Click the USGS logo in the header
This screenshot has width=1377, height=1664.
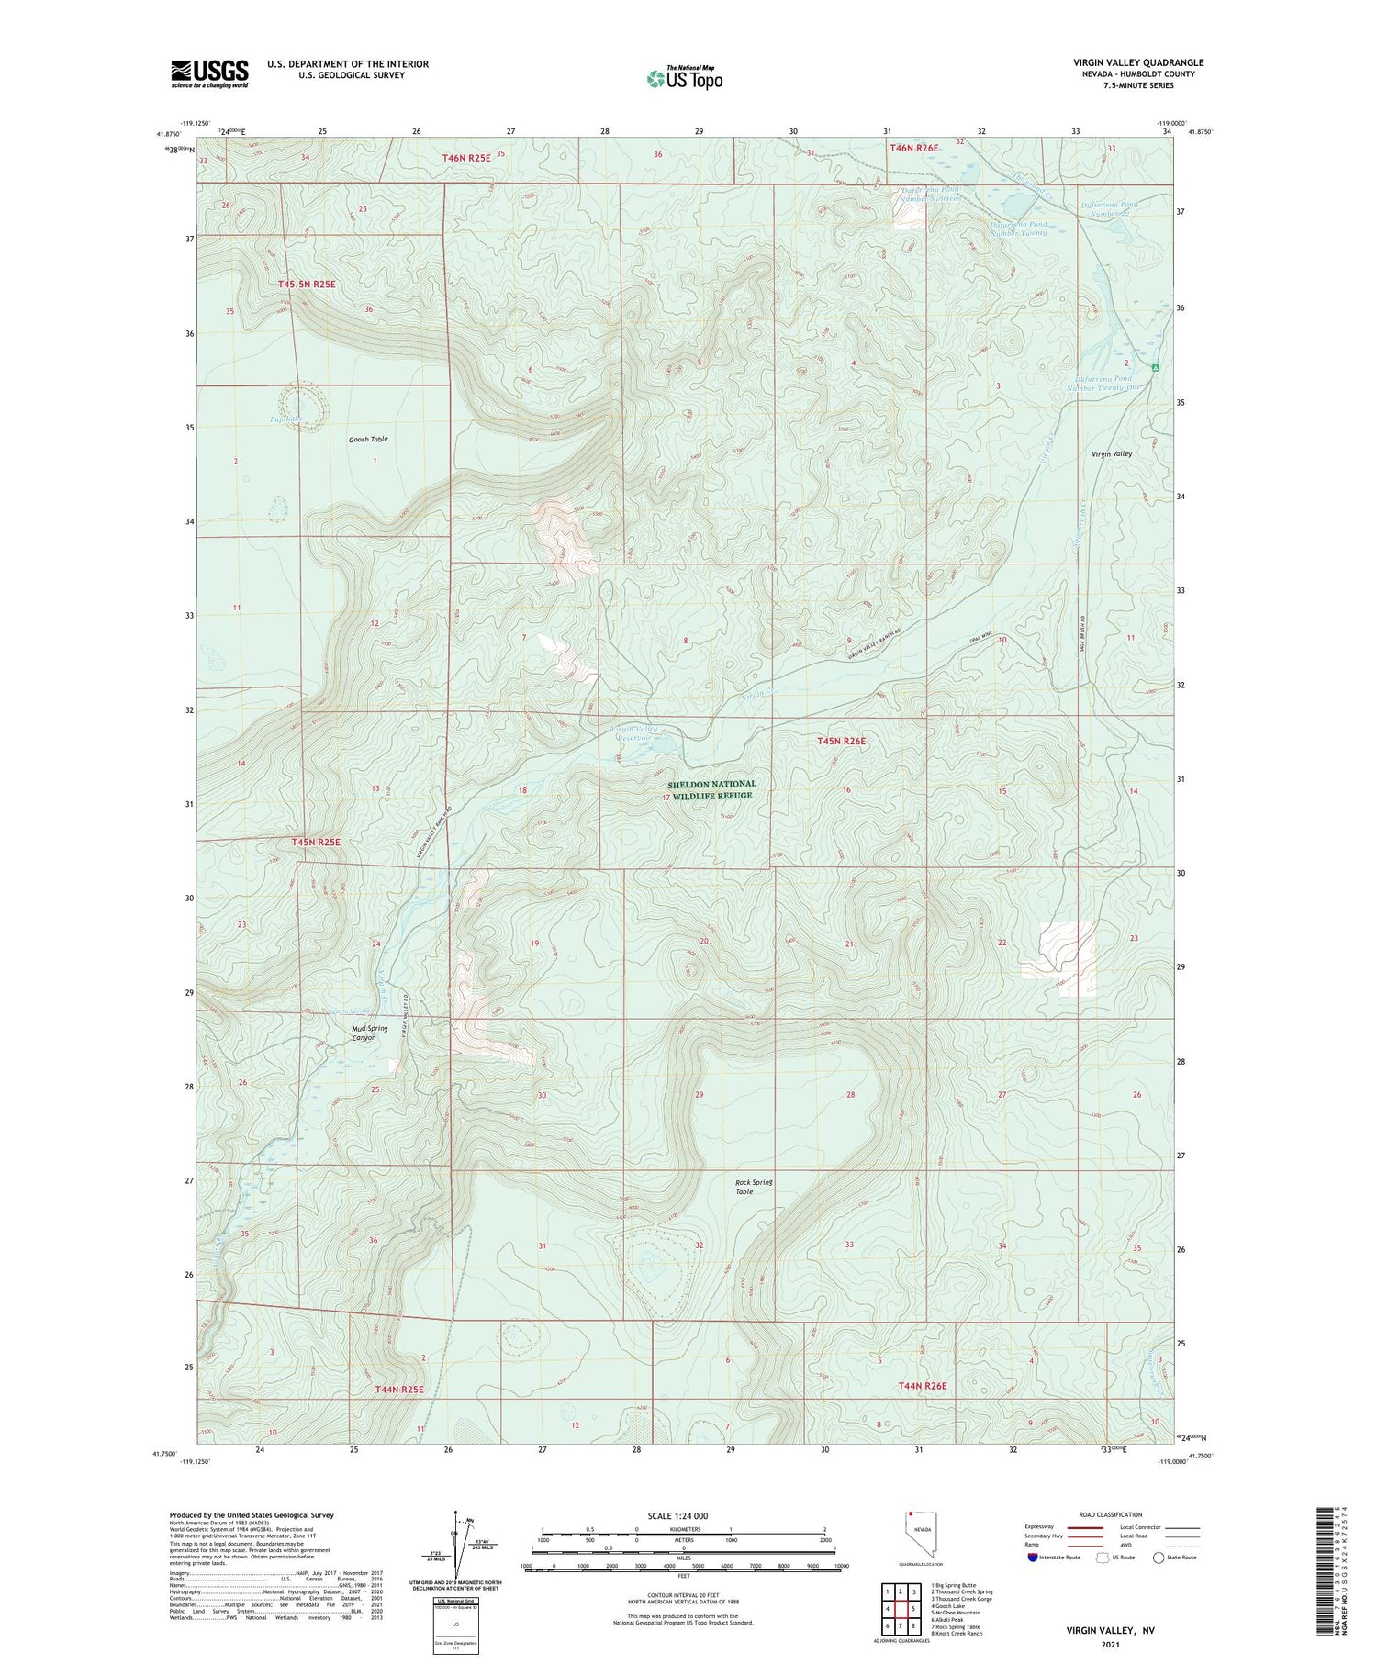(208, 73)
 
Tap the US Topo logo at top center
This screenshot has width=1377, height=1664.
(684, 78)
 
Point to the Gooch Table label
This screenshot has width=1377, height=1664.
(368, 440)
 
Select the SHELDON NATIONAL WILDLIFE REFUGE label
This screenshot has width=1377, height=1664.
(711, 790)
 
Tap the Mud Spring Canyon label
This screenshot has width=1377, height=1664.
(369, 1033)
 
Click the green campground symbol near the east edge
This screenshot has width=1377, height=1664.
(1157, 369)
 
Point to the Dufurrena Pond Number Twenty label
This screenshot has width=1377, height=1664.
(1005, 228)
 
